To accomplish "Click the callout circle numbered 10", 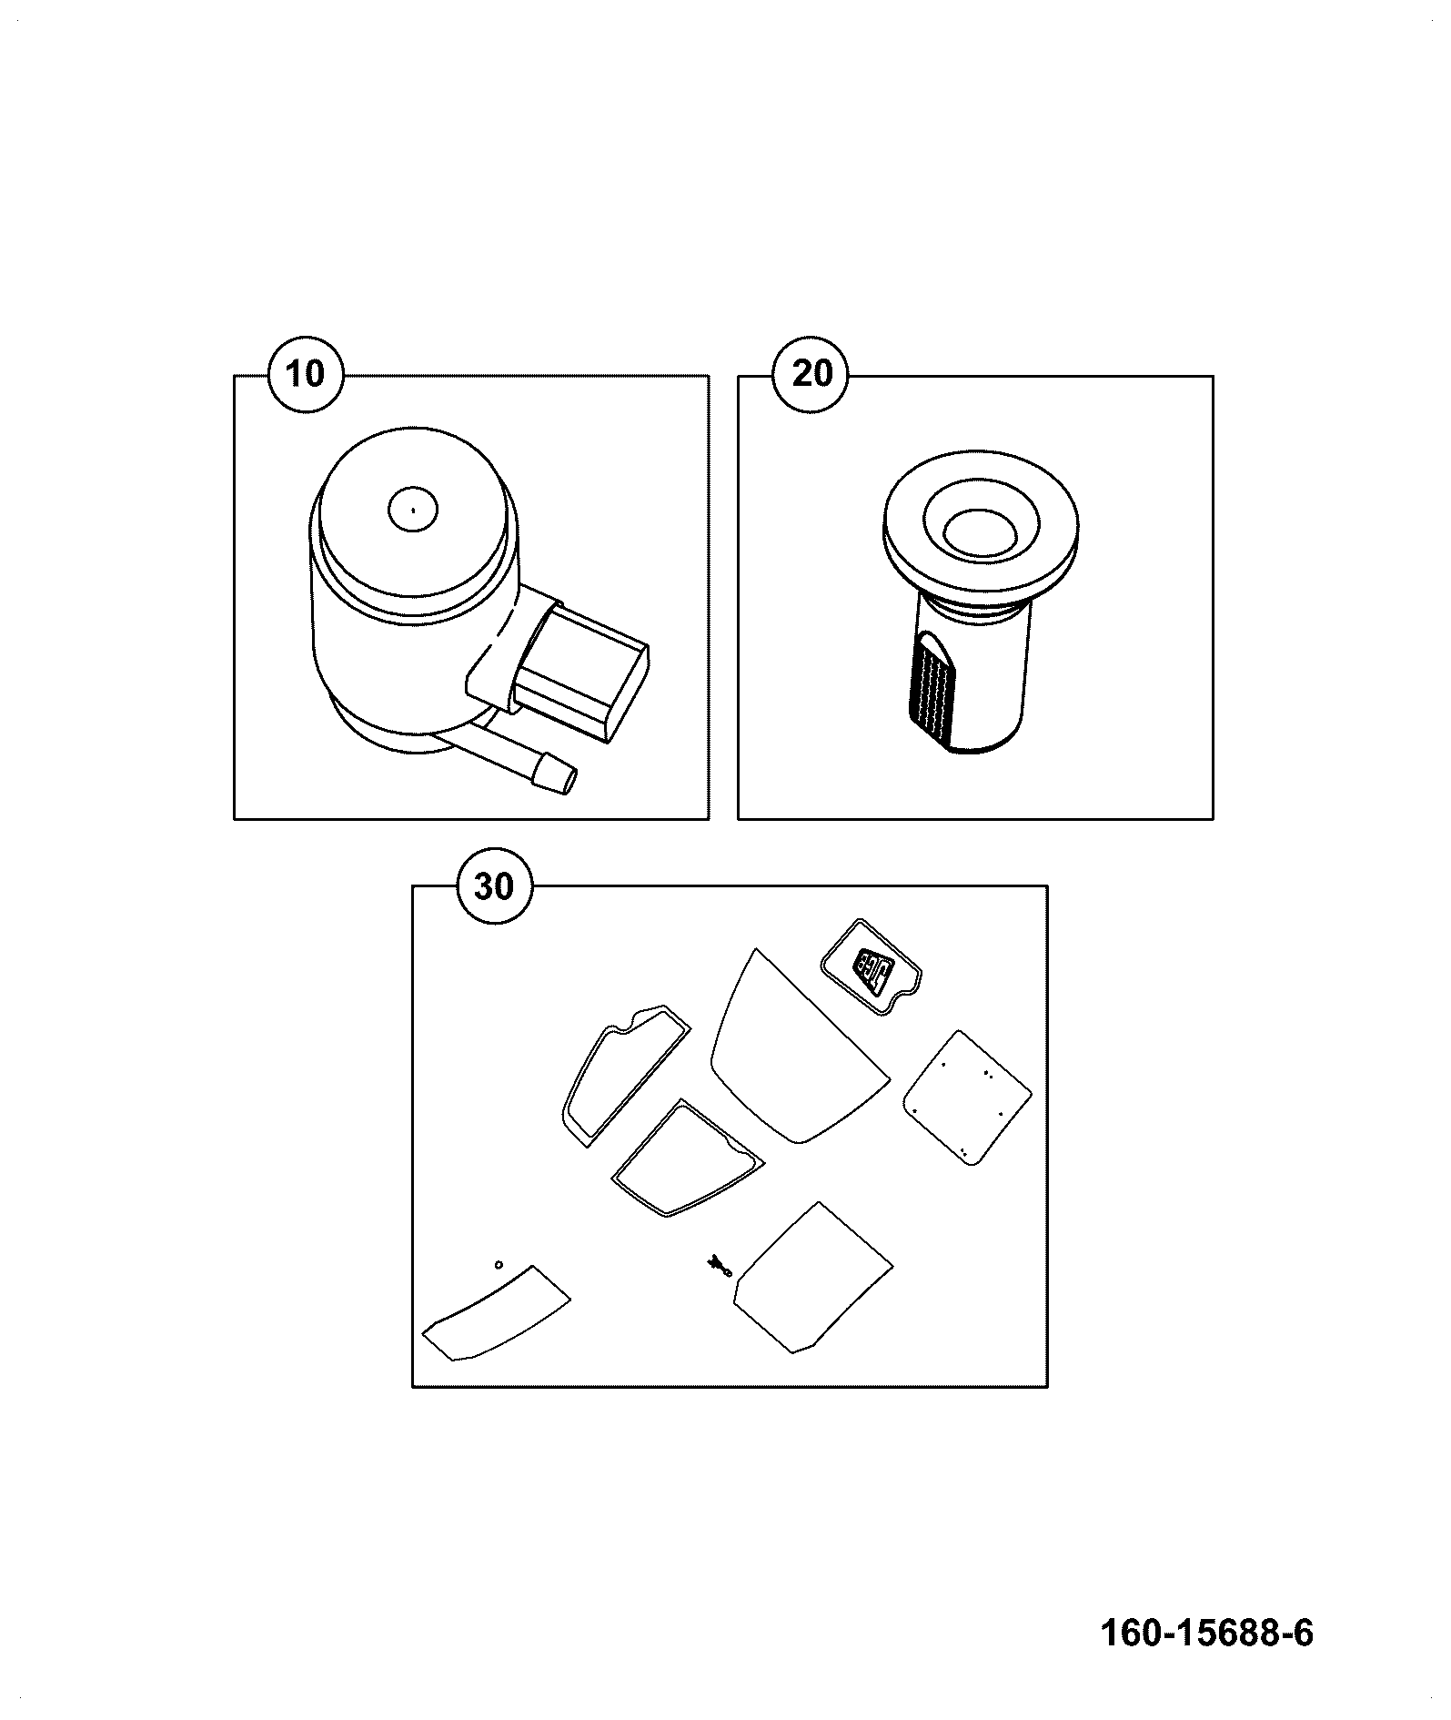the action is [x=306, y=374].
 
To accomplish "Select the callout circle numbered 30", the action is [x=494, y=885].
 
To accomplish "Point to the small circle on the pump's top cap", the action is [x=413, y=509].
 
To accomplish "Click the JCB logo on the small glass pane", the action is [x=873, y=971].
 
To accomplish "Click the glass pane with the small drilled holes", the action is [x=967, y=1098].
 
